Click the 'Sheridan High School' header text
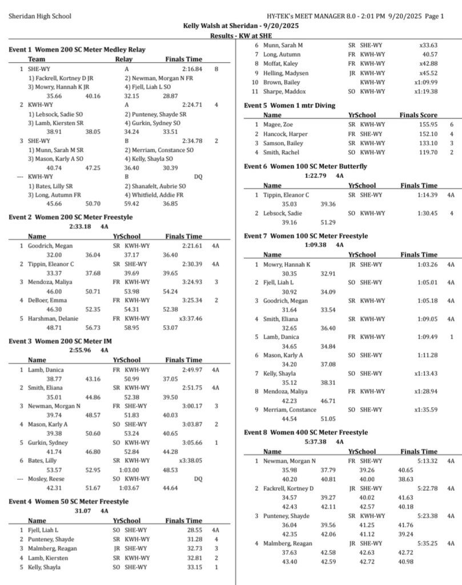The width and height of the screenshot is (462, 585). coord(40,16)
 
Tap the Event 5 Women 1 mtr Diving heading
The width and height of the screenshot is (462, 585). coord(290,105)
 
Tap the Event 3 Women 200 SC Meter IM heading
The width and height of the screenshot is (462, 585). coord(65,341)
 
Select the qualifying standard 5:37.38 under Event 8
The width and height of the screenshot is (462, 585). coord(316,442)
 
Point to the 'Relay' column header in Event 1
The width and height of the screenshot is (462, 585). coord(124,59)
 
